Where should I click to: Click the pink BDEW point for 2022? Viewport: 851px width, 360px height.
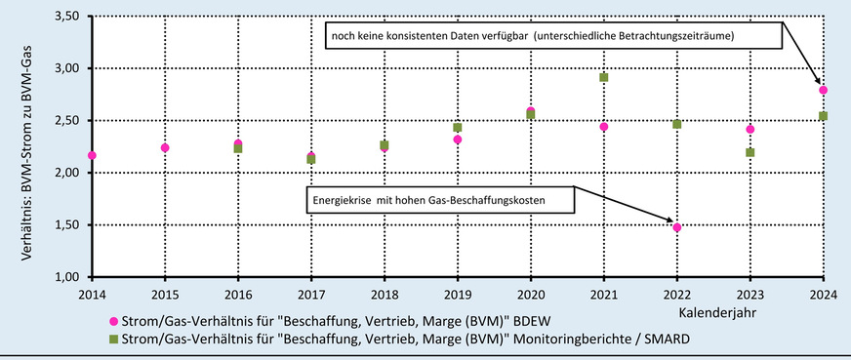click(677, 227)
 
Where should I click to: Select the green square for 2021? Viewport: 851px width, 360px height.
click(604, 77)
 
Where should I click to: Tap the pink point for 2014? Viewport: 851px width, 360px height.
click(92, 155)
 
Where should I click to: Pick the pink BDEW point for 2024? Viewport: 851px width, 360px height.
click(824, 90)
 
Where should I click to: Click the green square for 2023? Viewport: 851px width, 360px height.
click(750, 152)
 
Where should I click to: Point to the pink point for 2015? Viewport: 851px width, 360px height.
click(165, 147)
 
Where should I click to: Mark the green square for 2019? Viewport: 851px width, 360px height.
click(458, 127)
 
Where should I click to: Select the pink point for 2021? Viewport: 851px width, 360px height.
click(604, 127)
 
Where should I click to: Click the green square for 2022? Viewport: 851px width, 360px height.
click(677, 124)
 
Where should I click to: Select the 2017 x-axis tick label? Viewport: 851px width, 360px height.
click(311, 294)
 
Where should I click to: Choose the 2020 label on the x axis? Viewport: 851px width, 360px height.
click(531, 294)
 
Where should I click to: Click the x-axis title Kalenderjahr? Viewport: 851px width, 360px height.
click(722, 312)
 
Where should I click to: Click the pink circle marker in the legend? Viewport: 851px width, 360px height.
click(113, 319)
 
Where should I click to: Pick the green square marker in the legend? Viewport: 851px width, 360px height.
click(113, 339)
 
